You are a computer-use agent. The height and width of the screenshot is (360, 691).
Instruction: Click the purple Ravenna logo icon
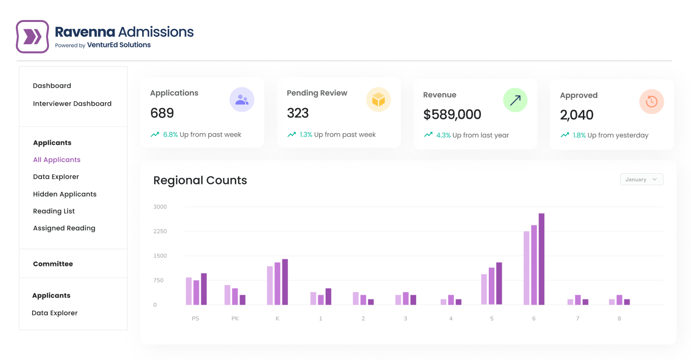click(32, 36)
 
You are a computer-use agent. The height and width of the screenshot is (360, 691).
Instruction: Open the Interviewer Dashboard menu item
click(72, 104)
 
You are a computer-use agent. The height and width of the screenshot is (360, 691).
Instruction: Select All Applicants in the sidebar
click(57, 160)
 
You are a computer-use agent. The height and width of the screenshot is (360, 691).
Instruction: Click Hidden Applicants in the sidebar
click(65, 194)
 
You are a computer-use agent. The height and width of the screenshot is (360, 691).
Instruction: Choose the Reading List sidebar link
click(54, 211)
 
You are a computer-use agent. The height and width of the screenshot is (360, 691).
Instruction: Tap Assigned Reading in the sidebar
click(64, 228)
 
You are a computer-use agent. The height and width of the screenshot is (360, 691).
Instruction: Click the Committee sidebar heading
click(53, 264)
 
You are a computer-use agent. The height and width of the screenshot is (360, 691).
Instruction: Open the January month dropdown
click(641, 180)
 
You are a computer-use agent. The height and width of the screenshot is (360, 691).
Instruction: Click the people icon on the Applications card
click(242, 100)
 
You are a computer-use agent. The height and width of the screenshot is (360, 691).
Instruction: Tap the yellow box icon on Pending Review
click(378, 100)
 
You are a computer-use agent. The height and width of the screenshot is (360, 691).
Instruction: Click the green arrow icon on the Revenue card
click(515, 100)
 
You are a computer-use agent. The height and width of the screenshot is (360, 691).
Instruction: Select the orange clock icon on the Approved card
click(651, 102)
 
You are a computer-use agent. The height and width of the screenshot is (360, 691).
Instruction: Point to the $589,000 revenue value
click(452, 115)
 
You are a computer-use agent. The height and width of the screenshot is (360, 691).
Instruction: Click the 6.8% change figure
click(171, 135)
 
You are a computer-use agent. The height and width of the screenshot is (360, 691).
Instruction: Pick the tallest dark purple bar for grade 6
click(541, 259)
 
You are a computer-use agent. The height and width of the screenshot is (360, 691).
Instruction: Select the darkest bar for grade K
click(285, 282)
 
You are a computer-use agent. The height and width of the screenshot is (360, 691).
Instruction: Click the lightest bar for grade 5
click(484, 289)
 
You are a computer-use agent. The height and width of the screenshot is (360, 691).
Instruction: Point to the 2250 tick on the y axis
click(160, 231)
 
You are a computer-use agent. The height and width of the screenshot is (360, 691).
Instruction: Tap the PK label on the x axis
click(235, 319)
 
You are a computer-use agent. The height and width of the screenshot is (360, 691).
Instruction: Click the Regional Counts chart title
click(200, 181)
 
